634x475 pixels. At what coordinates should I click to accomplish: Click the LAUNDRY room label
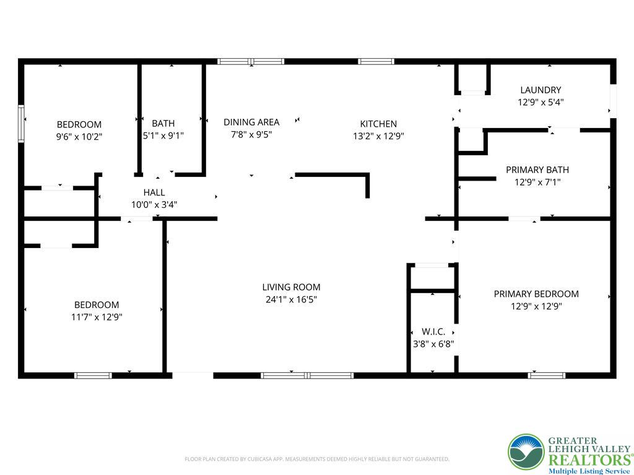(541, 90)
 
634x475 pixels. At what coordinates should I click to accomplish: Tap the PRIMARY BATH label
(537, 170)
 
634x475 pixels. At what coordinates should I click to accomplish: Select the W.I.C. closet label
(433, 332)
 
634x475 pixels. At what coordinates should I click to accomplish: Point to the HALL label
(154, 193)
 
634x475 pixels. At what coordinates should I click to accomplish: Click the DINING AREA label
(251, 122)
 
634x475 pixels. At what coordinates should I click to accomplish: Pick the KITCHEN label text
(378, 124)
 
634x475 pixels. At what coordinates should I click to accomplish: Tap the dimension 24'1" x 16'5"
(291, 299)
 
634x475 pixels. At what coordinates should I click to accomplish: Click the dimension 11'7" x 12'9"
(97, 317)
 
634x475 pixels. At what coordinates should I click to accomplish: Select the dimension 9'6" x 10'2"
(79, 136)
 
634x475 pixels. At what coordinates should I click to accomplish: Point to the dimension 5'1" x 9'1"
(163, 135)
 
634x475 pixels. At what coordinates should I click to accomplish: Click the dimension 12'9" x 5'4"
(541, 102)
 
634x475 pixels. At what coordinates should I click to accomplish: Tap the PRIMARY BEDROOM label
(536, 294)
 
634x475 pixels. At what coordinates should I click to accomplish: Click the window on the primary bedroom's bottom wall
(547, 375)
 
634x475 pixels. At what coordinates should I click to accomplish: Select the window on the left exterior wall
(21, 124)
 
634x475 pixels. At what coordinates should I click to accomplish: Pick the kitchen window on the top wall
(376, 61)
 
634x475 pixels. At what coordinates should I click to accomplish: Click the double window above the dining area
(251, 61)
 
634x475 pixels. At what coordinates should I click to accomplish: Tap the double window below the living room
(307, 375)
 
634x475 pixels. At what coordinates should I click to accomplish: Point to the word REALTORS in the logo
(588, 460)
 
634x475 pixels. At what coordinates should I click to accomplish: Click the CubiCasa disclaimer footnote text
(316, 459)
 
